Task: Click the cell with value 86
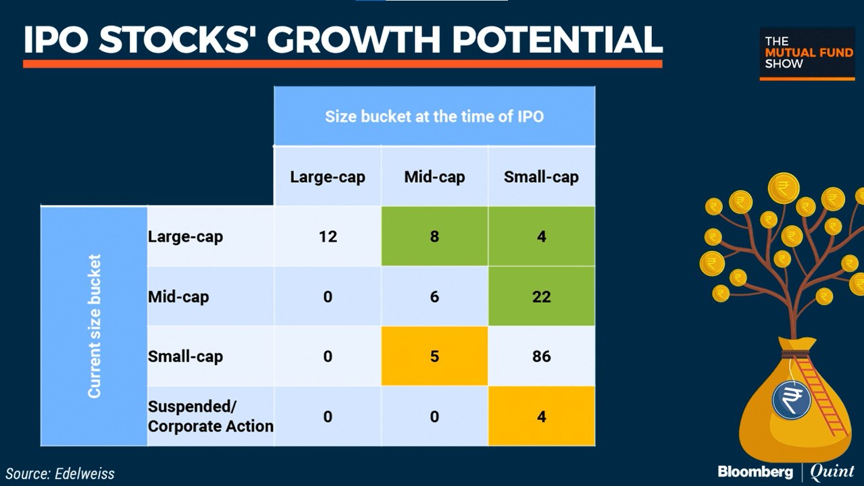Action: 541,356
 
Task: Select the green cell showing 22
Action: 541,296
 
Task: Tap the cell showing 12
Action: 328,237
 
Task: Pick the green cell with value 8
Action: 434,237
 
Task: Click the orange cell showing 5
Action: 434,356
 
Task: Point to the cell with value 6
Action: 434,296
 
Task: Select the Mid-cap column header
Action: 434,177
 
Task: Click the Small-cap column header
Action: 541,177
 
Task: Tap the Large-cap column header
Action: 328,177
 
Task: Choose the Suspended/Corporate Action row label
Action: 210,416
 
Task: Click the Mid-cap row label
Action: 178,296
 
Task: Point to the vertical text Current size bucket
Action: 95,326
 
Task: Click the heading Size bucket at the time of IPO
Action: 434,116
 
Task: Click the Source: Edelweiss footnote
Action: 61,473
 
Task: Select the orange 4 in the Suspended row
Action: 541,416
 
